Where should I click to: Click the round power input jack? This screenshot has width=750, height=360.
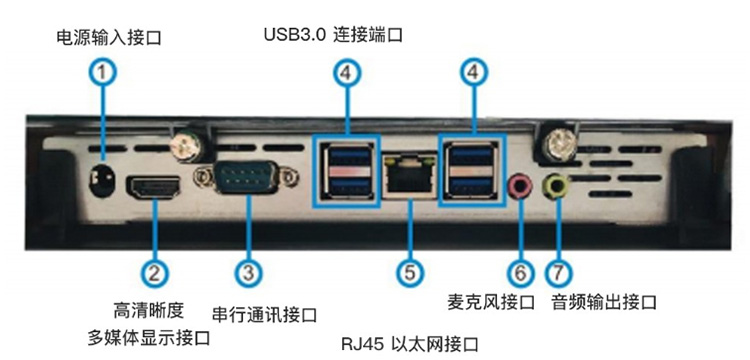pos(102,182)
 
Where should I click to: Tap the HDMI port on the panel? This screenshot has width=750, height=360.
pos(153,187)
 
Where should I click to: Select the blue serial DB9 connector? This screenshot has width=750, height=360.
pos(246,177)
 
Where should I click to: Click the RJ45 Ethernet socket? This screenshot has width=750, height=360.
pos(409,175)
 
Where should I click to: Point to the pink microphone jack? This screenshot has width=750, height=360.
pos(519,186)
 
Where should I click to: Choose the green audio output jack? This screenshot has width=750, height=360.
pos(557,186)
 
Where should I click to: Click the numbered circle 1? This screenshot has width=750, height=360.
pos(102,73)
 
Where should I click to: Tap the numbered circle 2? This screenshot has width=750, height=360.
pos(154,273)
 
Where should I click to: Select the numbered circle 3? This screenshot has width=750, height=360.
pos(248,273)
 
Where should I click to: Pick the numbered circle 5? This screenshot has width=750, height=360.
pos(410,273)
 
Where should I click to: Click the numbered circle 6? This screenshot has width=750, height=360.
pos(520,273)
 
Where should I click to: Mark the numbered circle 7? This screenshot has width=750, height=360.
pos(559,273)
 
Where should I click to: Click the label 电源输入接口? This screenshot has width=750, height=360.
pos(109,38)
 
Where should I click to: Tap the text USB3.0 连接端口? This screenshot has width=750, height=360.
pos(333,35)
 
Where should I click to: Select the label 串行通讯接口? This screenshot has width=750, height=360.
pos(265,315)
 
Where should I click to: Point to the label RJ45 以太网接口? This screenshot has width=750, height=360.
pos(410,344)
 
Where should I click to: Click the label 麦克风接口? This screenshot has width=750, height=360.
pos(491,302)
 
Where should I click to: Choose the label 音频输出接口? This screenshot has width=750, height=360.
pos(604,302)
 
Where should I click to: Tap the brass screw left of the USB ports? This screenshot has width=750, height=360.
pos(186,146)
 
